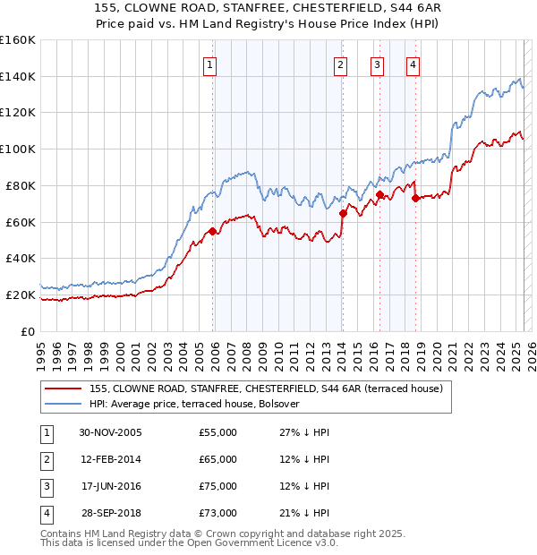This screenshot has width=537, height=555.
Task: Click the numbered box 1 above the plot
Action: [x=209, y=64]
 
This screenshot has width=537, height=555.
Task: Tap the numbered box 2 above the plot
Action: [x=341, y=64]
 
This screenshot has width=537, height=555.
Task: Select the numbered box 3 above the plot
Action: [x=377, y=64]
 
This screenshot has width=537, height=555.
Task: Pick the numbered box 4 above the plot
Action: [x=413, y=64]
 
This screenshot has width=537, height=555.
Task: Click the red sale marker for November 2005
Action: [x=212, y=231]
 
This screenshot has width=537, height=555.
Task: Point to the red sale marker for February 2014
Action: [x=343, y=213]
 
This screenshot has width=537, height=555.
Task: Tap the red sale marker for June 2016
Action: [x=379, y=194]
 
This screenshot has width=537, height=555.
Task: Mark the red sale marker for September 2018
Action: [x=416, y=199]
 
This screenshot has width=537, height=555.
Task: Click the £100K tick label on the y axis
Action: [x=18, y=149]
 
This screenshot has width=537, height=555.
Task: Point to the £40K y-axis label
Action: [x=20, y=258]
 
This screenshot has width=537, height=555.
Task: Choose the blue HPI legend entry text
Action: [x=194, y=404]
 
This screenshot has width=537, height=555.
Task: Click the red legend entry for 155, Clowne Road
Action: [x=266, y=388]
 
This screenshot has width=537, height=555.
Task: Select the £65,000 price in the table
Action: [x=218, y=459]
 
